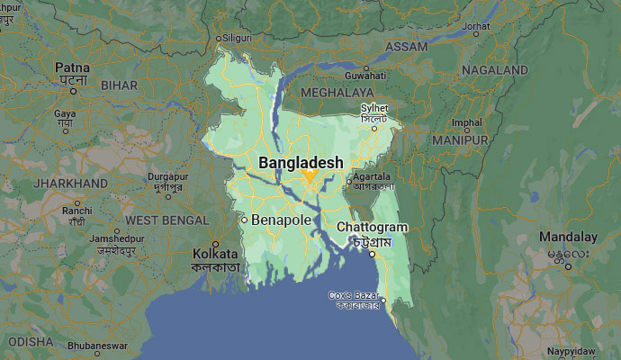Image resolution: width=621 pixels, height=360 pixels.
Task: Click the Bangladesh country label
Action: [x=301, y=163]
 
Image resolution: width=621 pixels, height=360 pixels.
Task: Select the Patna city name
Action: [x=71, y=67]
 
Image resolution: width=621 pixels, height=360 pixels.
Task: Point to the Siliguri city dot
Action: [x=219, y=38]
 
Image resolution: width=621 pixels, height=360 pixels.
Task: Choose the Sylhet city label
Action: [x=373, y=108]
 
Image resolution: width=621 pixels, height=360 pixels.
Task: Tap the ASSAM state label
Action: [x=407, y=46]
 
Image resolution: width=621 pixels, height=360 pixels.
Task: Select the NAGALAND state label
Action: [x=494, y=69]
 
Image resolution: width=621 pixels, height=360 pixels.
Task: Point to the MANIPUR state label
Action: [x=460, y=140]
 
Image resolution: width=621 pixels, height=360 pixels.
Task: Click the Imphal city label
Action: [x=467, y=122]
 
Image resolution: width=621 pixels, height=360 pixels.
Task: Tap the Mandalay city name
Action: [x=568, y=237]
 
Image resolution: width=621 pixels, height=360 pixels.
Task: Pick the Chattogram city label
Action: [x=372, y=228]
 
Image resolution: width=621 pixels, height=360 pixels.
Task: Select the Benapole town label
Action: [x=282, y=220]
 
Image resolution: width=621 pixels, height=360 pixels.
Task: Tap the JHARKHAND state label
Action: [x=69, y=183]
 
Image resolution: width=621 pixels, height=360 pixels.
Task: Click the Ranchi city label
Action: [x=78, y=211]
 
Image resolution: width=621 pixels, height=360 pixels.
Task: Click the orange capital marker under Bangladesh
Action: [x=308, y=176]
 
